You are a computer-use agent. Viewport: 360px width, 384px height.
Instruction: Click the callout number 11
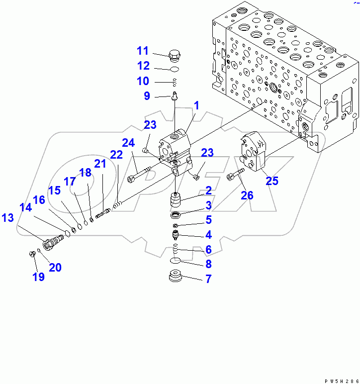point(143,51)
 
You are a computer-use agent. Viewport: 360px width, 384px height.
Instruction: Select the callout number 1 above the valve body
point(196,105)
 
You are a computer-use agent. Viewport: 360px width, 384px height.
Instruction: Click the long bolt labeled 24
point(143,174)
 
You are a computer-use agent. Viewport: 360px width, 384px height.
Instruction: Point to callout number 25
point(271,181)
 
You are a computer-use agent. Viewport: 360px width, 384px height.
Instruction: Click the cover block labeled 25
point(254,151)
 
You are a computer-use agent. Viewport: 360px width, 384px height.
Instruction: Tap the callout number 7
point(208,279)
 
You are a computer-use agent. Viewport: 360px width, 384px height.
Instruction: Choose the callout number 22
point(116,155)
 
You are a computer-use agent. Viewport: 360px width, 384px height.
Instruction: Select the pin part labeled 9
point(175,95)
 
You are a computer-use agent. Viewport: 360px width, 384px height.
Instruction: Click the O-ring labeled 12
point(175,68)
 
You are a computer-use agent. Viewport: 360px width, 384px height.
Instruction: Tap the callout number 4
point(208,235)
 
